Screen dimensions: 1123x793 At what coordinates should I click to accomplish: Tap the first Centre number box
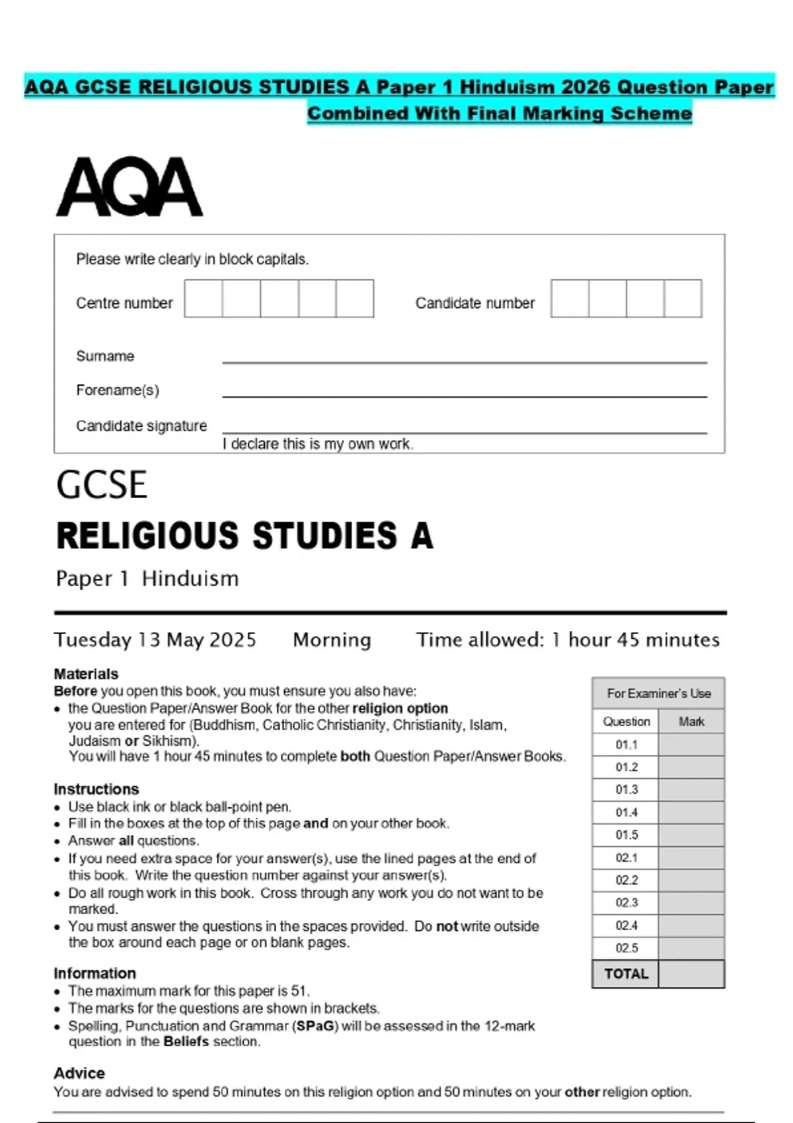[x=204, y=299]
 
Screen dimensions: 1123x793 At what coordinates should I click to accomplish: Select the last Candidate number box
[x=683, y=299]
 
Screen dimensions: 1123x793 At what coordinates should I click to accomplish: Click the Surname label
[x=105, y=356]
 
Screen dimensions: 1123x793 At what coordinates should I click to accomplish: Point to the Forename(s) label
[x=118, y=390]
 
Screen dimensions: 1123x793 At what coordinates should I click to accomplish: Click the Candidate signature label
[x=141, y=426]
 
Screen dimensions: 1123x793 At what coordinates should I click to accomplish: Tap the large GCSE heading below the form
[x=102, y=485]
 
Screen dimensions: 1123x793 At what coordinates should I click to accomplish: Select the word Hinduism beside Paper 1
[x=190, y=579]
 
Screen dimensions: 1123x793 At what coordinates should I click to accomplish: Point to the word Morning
[x=332, y=639]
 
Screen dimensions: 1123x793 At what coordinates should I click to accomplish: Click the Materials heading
[x=86, y=674]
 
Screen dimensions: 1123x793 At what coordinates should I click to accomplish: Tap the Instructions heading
[x=96, y=789]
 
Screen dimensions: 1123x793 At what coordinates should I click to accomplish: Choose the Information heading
[x=94, y=973]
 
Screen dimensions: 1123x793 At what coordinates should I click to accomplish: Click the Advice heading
[x=79, y=1073]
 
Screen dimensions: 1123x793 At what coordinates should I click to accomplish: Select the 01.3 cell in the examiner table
[x=626, y=789]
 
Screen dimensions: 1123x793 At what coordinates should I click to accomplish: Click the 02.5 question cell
[x=626, y=948]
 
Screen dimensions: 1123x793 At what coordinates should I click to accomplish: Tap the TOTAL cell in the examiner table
[x=626, y=974]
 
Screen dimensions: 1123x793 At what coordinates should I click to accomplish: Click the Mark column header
[x=691, y=721]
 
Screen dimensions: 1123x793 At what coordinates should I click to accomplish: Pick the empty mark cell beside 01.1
[x=691, y=744]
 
